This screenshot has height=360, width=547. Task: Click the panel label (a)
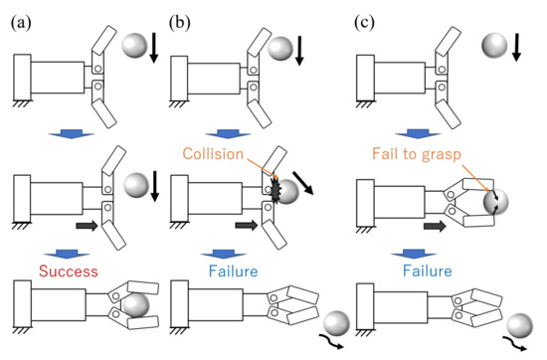click(20, 17)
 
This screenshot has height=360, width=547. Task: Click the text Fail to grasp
click(415, 154)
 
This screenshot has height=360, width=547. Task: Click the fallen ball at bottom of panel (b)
click(336, 325)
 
